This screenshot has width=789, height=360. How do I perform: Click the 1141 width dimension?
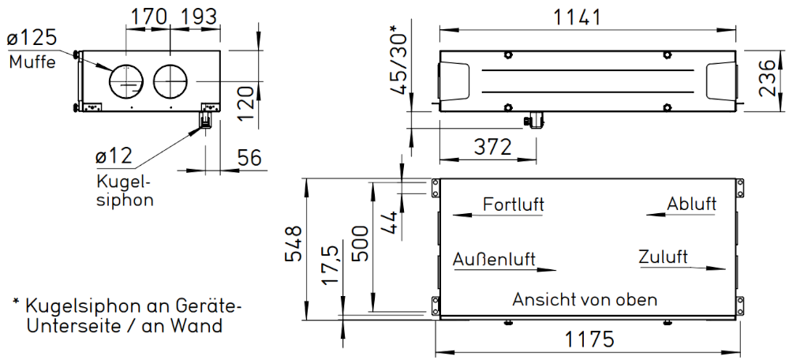(x=578, y=17)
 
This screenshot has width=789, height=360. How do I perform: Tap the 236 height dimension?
(x=767, y=78)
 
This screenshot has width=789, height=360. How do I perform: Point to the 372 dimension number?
(x=493, y=147)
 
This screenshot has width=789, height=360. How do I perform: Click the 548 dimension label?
(x=294, y=243)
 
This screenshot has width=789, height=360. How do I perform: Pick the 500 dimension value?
(x=361, y=243)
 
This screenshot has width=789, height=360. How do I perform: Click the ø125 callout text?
(x=32, y=38)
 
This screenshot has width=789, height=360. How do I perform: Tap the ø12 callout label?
(x=114, y=156)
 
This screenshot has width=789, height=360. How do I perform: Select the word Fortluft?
(x=514, y=205)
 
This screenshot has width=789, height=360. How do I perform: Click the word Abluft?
(x=691, y=204)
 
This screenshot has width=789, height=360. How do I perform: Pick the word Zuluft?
(x=664, y=257)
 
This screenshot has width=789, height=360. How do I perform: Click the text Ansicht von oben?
(x=585, y=299)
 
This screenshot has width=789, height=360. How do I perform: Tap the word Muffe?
(x=32, y=62)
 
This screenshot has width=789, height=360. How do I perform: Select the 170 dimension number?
(x=148, y=17)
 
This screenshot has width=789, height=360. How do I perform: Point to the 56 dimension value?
(x=249, y=158)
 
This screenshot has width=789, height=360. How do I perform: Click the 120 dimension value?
(x=245, y=103)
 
